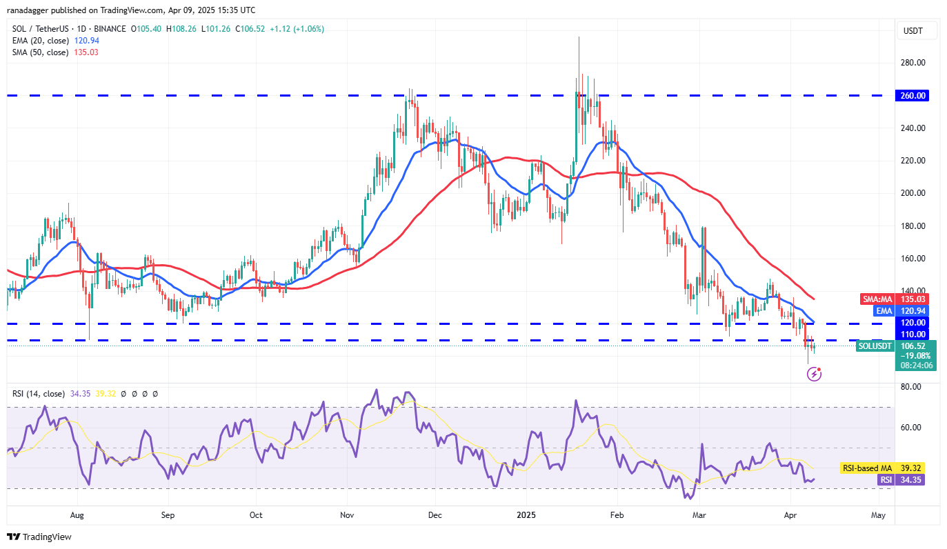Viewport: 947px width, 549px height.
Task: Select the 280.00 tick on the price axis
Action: (913, 63)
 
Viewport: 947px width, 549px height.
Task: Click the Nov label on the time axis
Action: (347, 515)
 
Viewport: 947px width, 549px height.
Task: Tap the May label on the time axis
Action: (878, 515)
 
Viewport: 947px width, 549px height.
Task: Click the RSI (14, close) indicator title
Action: (39, 394)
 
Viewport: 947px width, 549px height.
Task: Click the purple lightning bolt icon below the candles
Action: (814, 375)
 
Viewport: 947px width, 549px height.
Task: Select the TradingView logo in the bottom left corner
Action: (39, 537)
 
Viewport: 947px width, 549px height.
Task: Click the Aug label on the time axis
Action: (77, 515)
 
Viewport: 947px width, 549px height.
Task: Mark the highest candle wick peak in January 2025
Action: (579, 37)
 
